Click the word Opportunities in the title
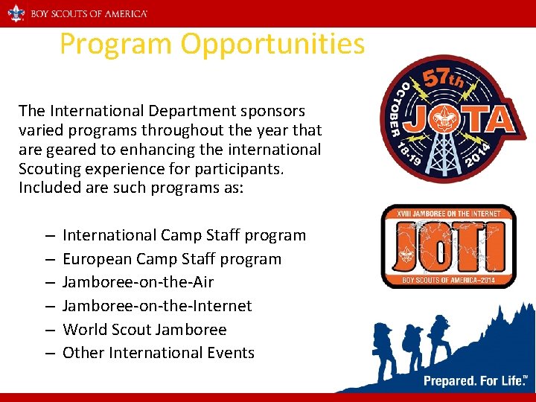coord(272,45)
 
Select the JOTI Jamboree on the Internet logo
coord(448,246)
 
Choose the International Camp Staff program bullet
coord(184,235)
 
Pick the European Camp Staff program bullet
coord(172,259)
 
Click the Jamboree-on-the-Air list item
coord(138,282)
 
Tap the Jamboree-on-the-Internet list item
coord(157,306)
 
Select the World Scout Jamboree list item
coord(144,329)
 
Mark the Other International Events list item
coord(159,353)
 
